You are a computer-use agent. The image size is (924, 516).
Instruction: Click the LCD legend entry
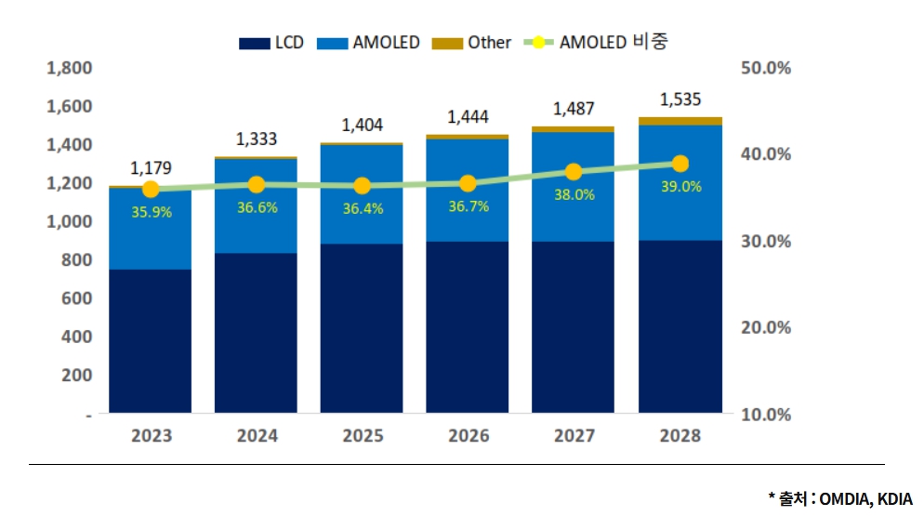click(x=271, y=43)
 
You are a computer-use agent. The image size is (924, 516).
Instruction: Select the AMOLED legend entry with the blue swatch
click(x=371, y=43)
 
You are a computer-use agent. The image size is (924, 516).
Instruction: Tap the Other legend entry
click(x=474, y=43)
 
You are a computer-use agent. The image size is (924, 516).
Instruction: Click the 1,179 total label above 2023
click(x=151, y=168)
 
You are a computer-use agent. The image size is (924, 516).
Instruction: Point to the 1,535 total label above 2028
click(x=680, y=99)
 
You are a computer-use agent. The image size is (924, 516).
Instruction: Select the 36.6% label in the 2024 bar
click(x=257, y=207)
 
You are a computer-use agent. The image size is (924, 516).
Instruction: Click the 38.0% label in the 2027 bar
click(x=574, y=195)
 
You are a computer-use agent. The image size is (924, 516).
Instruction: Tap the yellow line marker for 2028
click(x=680, y=164)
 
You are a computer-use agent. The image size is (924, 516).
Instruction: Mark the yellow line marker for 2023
click(x=151, y=190)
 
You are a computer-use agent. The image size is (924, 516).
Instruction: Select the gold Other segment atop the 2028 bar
click(x=680, y=121)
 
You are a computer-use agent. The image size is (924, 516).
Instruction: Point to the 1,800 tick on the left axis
click(x=69, y=68)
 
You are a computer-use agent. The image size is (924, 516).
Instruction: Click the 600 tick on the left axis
click(x=76, y=298)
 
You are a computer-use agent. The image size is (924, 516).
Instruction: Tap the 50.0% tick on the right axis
click(x=766, y=68)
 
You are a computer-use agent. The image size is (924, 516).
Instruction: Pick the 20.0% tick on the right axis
click(x=766, y=327)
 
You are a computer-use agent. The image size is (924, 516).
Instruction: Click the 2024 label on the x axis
click(x=257, y=436)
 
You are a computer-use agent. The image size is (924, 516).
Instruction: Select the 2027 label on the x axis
click(x=574, y=436)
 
